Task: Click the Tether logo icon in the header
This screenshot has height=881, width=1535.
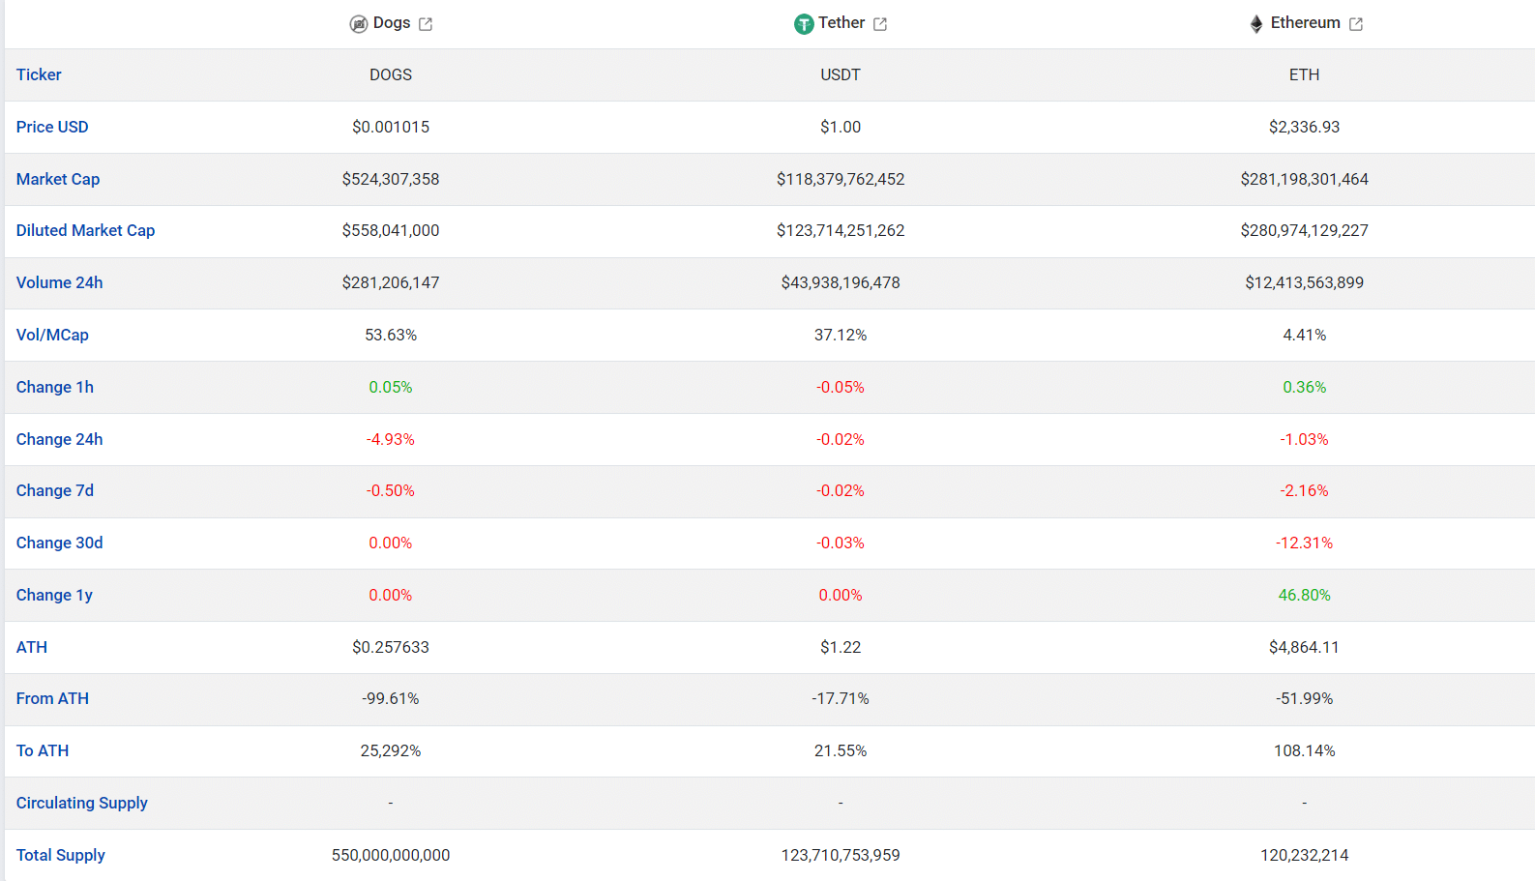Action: coord(803,24)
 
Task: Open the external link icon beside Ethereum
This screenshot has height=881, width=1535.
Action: coord(1355,24)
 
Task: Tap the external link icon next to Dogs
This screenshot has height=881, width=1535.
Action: coord(426,24)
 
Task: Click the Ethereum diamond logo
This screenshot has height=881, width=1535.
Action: coord(1256,24)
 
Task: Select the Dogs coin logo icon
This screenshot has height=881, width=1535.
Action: coord(359,24)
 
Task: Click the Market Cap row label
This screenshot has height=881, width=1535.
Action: coord(58,179)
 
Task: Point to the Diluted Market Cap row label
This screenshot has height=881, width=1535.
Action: coord(86,230)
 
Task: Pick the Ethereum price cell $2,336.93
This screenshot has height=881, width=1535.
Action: coord(1304,127)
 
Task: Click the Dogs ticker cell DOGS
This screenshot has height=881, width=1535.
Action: coord(391,74)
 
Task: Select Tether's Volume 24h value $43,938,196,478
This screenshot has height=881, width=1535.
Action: coord(841,282)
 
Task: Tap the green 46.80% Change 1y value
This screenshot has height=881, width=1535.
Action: coord(1304,595)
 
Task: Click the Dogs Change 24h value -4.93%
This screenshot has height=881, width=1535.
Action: coord(391,439)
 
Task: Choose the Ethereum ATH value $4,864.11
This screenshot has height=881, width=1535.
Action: coord(1304,647)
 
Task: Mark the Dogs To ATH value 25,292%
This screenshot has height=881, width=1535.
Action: coord(391,750)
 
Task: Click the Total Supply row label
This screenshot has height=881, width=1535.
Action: coord(60,855)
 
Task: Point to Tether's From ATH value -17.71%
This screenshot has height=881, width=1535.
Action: coord(841,698)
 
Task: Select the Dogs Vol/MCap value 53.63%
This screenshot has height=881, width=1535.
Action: coord(391,335)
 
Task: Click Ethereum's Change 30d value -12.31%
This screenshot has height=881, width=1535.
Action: coord(1304,543)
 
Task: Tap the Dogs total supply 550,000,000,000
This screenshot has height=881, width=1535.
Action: coord(391,855)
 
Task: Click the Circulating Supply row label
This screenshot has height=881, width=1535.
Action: coord(82,803)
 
